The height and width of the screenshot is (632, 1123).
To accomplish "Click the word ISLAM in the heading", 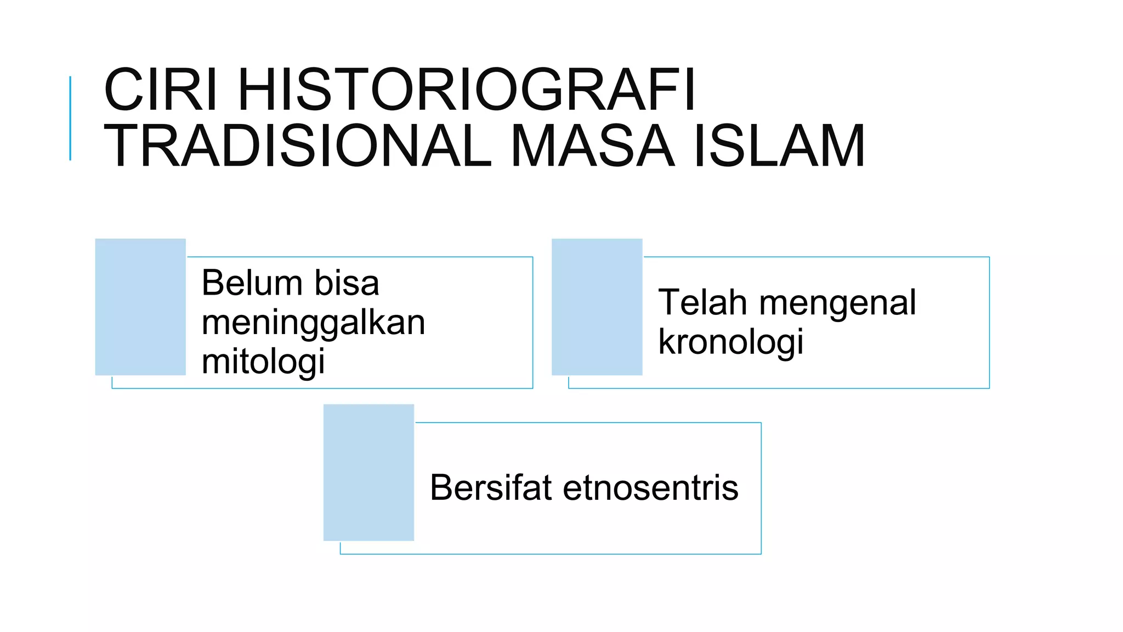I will tap(779, 146).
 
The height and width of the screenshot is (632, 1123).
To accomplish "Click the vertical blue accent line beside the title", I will tap(70, 118).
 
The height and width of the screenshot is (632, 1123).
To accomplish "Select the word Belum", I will tap(252, 283).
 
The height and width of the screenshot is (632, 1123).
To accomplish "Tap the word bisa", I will tap(347, 283).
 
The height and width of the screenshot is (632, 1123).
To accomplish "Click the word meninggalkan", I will tap(313, 323).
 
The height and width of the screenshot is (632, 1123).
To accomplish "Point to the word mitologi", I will tap(263, 362).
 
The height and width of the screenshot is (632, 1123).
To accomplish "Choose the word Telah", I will tap(702, 302).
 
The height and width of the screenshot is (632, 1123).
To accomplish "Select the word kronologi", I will tap(730, 342).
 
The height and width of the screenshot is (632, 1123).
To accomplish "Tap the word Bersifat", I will tap(491, 487).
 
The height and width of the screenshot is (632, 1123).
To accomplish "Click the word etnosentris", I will tap(650, 487).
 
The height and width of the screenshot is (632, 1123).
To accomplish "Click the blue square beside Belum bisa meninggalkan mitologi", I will tap(140, 307).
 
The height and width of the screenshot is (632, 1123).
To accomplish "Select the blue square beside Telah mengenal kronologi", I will tap(597, 307).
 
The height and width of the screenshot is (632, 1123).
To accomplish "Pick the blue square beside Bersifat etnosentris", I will tap(368, 472).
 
